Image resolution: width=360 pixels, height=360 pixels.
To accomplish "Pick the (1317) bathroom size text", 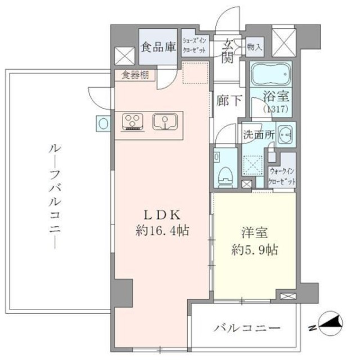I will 276,107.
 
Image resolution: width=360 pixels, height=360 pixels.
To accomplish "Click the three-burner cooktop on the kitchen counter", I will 134,121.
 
